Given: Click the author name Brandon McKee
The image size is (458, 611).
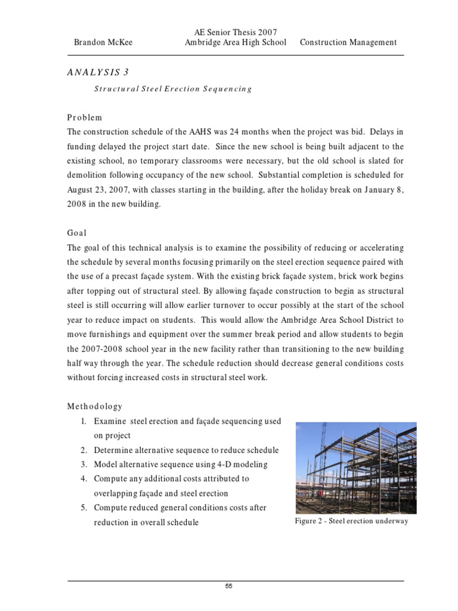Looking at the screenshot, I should point(104,42).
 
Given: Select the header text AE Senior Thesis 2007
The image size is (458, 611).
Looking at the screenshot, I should point(236,32).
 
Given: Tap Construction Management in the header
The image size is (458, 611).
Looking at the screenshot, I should point(348,42).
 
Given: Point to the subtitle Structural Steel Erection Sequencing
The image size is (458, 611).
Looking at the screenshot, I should point(173,89).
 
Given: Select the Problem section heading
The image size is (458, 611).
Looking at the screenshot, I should point(85,118).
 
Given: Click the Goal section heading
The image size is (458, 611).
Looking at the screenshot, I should point(78,233).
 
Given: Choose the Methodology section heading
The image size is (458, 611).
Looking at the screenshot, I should point(95,406).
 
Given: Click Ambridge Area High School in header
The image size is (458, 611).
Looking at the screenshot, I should point(236,42).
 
